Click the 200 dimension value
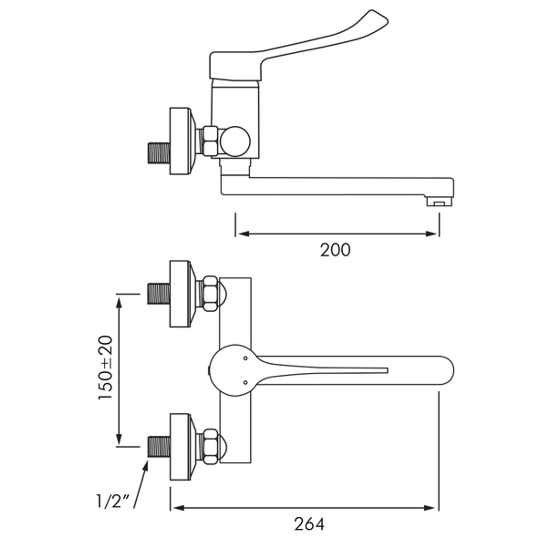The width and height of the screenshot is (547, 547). pyautogui.click(x=335, y=250)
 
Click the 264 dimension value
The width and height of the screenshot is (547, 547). pyautogui.click(x=309, y=524)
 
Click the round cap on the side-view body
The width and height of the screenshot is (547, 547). pyautogui.click(x=235, y=141)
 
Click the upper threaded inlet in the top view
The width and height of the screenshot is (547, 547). pyautogui.click(x=159, y=294)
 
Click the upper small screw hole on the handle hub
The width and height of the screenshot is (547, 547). pyautogui.click(x=245, y=358)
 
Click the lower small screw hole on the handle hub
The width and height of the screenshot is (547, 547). pyautogui.click(x=245, y=382)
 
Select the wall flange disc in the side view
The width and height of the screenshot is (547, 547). pyautogui.click(x=180, y=141)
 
